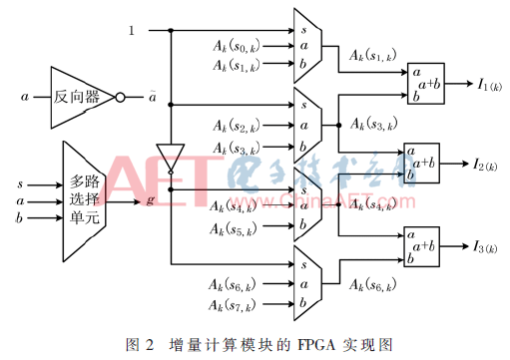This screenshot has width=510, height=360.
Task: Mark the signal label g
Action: click(x=149, y=201)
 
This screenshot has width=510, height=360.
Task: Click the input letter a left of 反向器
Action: click(x=23, y=98)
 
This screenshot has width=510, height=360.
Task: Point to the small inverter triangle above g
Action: click(x=171, y=157)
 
